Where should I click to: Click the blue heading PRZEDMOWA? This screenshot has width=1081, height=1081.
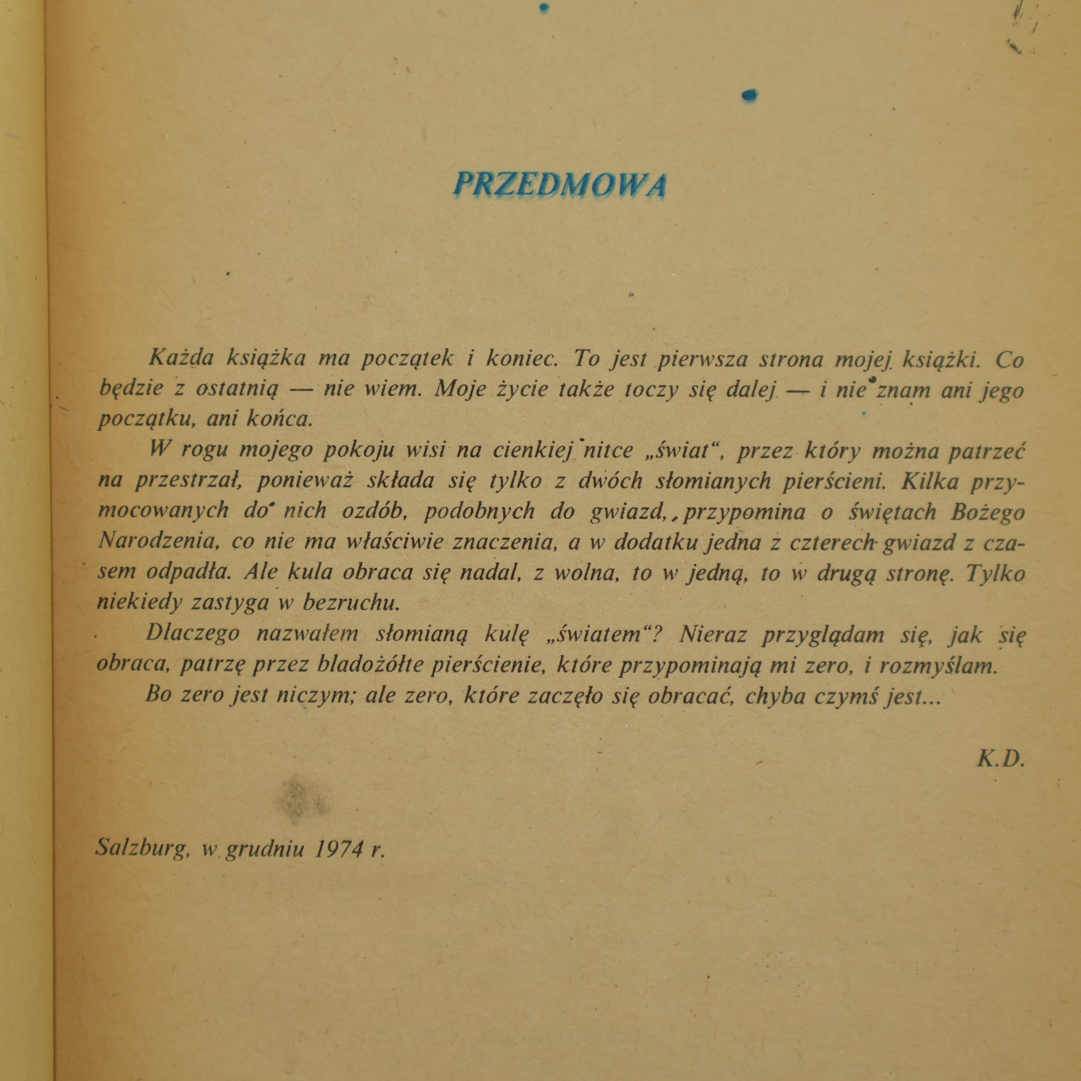point(559,185)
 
